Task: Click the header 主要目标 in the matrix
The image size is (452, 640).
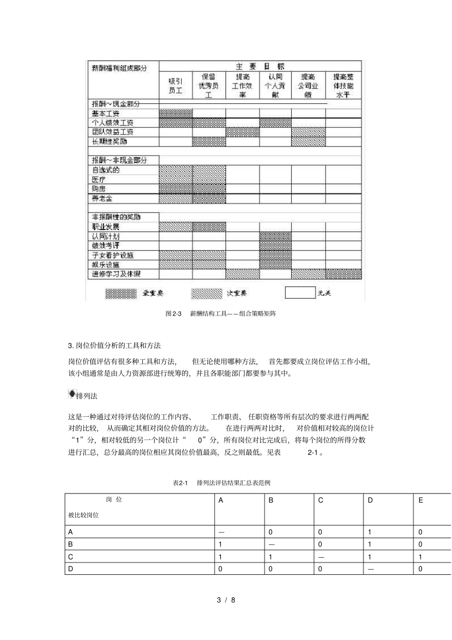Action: (x=260, y=67)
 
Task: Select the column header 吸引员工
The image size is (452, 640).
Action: (x=176, y=86)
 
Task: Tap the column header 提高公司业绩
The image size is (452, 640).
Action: (x=308, y=86)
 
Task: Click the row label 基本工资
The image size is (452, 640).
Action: (x=106, y=114)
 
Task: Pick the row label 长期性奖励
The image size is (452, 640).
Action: (x=109, y=141)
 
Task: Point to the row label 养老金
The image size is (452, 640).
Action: (x=102, y=198)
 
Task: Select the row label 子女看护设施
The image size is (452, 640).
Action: (x=113, y=255)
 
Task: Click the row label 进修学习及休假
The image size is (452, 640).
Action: (x=117, y=274)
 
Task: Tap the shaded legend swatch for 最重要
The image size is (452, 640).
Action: (x=121, y=294)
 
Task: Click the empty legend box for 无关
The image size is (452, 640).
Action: (x=300, y=293)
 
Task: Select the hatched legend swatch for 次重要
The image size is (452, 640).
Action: (x=206, y=294)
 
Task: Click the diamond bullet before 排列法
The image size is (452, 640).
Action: (x=72, y=394)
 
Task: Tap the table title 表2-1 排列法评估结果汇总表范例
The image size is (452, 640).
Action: (x=222, y=483)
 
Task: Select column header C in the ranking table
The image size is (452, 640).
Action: (x=321, y=501)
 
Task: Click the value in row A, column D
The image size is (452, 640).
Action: (x=370, y=532)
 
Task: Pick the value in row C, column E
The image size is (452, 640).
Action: (x=420, y=556)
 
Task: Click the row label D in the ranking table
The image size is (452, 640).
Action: (x=71, y=569)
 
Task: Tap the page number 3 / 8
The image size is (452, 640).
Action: (x=226, y=600)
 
